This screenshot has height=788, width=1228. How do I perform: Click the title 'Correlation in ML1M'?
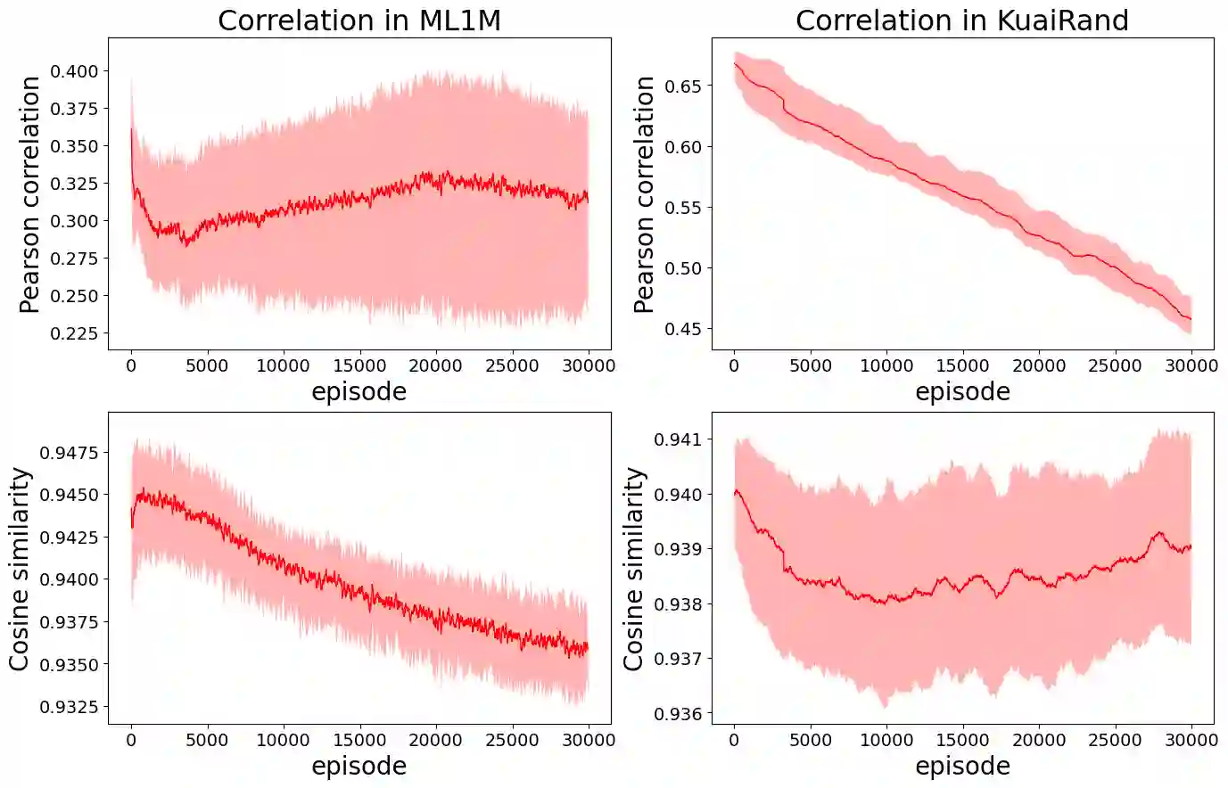point(359,21)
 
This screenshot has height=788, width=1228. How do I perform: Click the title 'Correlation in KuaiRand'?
point(962,21)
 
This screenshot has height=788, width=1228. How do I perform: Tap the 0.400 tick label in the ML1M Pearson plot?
point(74,71)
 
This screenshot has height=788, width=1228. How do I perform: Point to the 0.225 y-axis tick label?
point(74,333)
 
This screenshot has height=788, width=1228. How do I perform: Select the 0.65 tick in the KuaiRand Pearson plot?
point(684,86)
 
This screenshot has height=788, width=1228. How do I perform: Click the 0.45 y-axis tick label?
point(684,329)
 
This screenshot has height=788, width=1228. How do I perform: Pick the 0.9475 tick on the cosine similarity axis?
point(69,453)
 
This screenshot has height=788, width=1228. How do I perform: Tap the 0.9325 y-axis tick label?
point(69,707)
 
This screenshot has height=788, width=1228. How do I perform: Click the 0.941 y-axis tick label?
point(678,439)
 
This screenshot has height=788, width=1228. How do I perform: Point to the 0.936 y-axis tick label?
point(678,713)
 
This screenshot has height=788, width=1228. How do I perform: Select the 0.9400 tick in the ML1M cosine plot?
point(69,579)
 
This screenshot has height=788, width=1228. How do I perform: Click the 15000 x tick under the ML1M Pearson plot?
point(359,365)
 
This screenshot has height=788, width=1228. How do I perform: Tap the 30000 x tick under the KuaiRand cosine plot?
point(1191,740)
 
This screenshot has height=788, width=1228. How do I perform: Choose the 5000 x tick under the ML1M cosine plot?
point(207,740)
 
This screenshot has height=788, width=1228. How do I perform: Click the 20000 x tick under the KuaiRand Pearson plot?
point(1039,365)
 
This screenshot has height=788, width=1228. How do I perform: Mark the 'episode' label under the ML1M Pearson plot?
point(359,392)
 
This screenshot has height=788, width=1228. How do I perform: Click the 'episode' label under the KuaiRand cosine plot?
point(962,767)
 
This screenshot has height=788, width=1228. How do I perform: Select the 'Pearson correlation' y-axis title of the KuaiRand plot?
point(644,194)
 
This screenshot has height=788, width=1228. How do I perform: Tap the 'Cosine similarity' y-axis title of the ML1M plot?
point(20,569)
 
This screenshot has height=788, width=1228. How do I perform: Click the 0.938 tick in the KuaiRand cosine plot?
point(678,604)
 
